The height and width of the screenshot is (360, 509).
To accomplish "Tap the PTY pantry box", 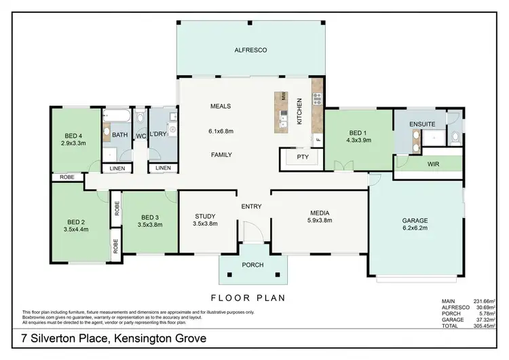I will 301,158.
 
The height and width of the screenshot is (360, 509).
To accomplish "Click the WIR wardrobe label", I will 432,164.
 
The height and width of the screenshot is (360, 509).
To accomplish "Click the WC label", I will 140,136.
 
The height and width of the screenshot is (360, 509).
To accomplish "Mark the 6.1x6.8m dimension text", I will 221,130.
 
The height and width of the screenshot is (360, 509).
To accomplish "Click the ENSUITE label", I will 421,124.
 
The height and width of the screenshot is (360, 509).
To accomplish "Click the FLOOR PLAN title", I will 248,298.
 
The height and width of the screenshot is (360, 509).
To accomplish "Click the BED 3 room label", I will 149,220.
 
